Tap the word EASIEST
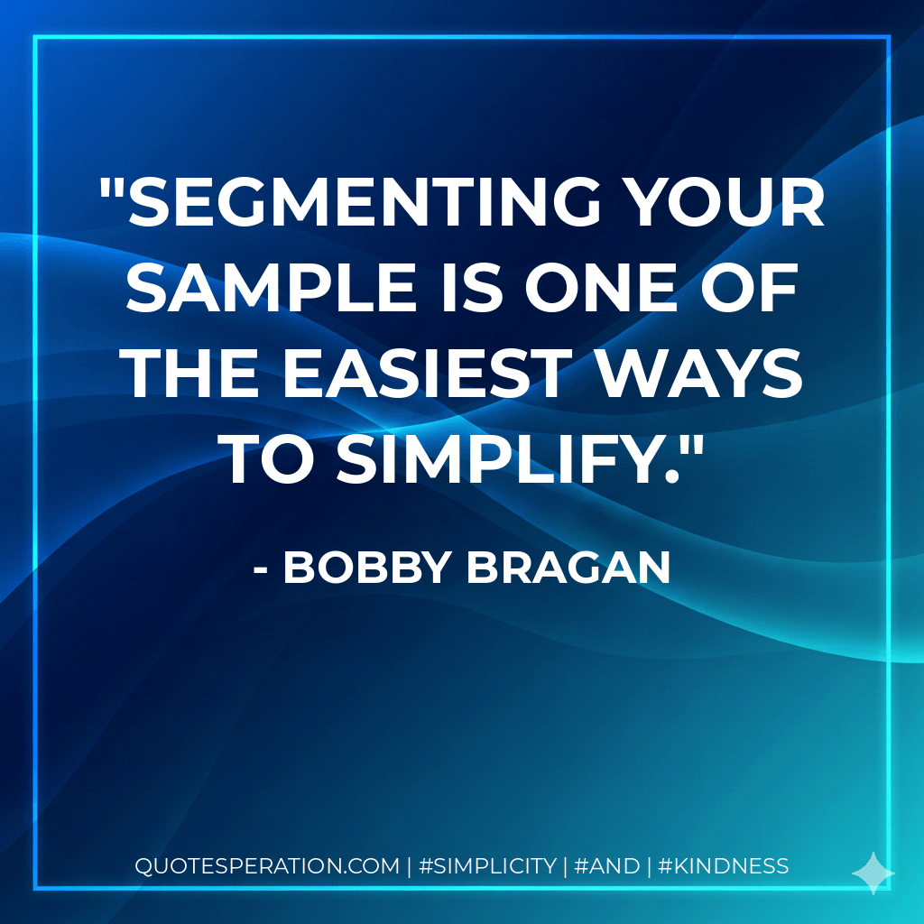429,376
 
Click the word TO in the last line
270,461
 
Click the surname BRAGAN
569,568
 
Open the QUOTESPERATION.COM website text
267,866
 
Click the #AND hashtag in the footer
606,866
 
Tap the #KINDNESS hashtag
724,866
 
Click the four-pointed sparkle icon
873,873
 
